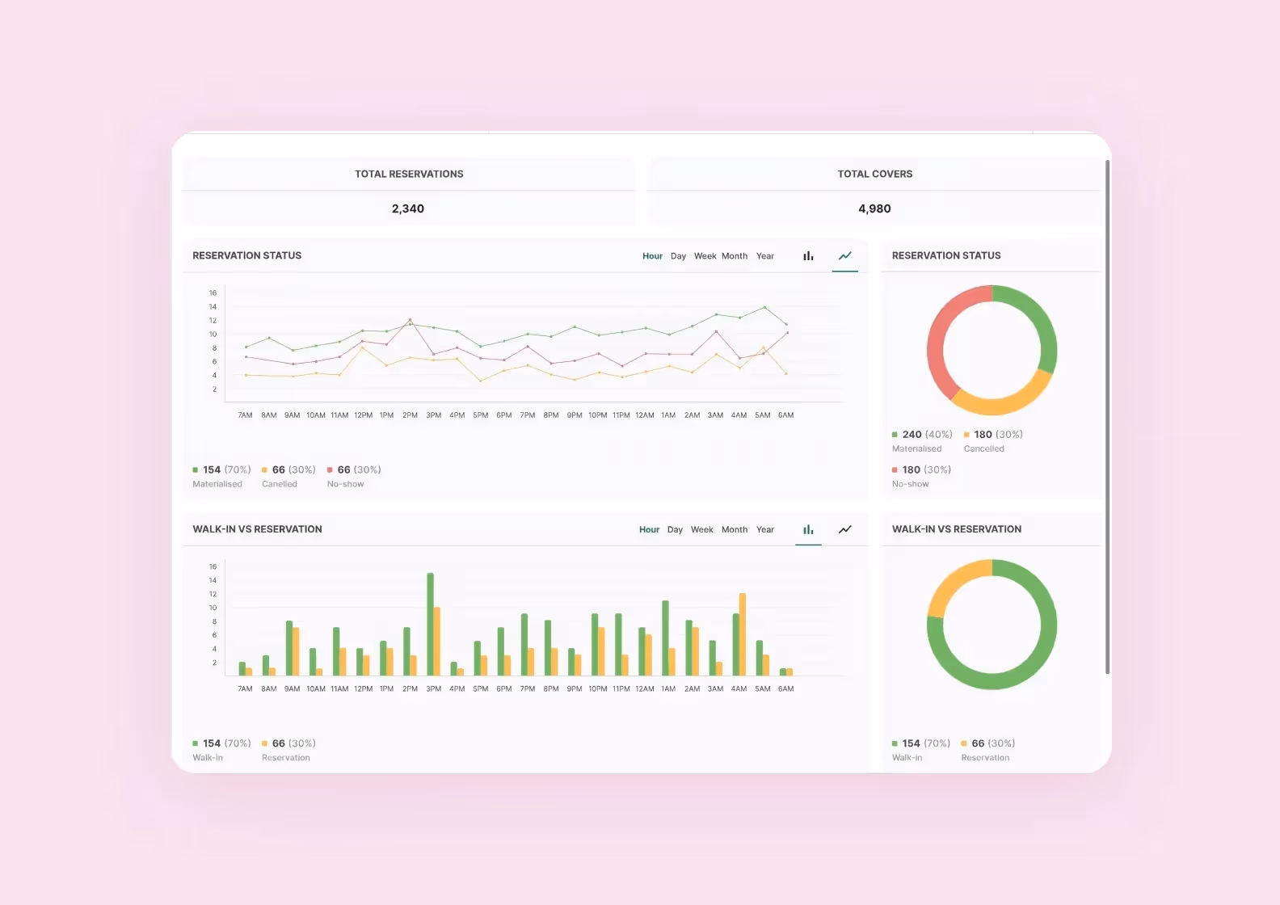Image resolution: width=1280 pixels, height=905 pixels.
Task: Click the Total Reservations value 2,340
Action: click(408, 208)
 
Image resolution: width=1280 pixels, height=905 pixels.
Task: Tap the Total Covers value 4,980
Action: click(874, 208)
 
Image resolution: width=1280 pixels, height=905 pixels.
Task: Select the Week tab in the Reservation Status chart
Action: click(705, 256)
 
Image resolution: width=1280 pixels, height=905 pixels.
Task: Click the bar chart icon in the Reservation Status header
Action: click(808, 256)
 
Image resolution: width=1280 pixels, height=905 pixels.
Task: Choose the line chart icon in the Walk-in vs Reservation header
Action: click(845, 530)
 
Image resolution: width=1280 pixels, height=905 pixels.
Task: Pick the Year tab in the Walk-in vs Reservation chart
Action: click(765, 530)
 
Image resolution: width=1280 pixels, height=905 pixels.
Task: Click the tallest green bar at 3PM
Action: click(430, 624)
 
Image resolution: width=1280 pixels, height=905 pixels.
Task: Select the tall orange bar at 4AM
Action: click(743, 634)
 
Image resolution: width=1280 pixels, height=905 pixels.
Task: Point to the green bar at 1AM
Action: click(665, 638)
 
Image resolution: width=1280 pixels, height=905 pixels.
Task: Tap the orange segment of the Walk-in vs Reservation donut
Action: click(954, 583)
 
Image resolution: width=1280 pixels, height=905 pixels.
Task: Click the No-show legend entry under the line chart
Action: click(353, 476)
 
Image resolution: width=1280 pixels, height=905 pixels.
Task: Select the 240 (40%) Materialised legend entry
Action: click(922, 440)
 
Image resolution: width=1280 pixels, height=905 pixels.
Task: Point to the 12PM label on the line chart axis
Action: click(364, 415)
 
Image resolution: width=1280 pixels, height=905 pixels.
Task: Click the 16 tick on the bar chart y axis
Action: click(213, 567)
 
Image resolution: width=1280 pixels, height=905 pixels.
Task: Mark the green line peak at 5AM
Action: click(764, 307)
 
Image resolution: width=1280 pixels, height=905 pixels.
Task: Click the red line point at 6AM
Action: click(787, 333)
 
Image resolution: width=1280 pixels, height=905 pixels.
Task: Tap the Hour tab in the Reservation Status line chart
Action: click(652, 256)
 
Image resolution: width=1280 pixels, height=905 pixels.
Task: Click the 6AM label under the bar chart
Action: click(785, 689)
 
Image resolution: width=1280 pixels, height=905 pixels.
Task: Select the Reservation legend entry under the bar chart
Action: click(288, 750)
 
